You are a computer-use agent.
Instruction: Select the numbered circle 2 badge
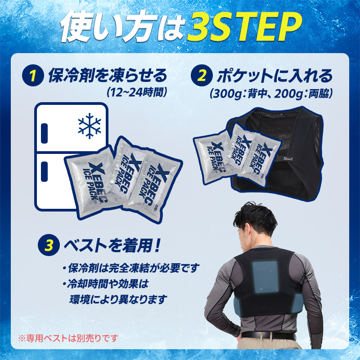pyautogui.click(x=202, y=75)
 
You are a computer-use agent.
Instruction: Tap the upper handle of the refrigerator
pyautogui.click(x=45, y=130)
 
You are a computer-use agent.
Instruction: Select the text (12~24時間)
pyautogui.click(x=137, y=92)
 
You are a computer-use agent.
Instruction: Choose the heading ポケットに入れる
pyautogui.click(x=274, y=75)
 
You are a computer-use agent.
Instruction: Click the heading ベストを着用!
pyautogui.click(x=112, y=245)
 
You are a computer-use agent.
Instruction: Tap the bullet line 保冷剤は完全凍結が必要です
pyautogui.click(x=130, y=269)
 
